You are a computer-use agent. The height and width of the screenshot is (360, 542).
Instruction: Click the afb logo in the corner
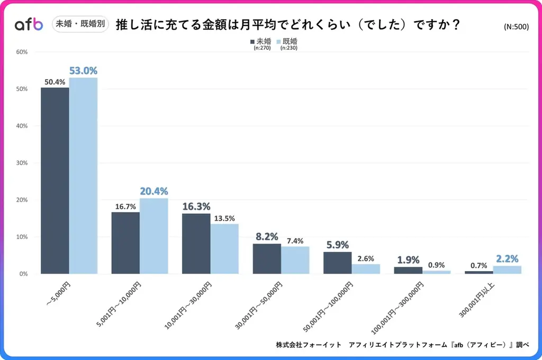(29, 24)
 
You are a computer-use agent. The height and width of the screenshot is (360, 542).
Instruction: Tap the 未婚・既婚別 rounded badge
(80, 24)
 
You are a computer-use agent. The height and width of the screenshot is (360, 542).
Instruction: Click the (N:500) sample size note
(516, 28)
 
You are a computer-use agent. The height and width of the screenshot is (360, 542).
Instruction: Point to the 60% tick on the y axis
(22, 52)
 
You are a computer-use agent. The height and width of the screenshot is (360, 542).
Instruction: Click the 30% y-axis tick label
(22, 163)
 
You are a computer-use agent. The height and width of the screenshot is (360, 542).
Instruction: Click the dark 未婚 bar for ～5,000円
(55, 181)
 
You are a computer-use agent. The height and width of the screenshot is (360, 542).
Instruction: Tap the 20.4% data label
(153, 191)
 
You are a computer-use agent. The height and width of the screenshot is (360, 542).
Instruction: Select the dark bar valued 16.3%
(196, 244)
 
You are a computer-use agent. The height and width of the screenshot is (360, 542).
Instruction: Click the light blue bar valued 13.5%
(224, 249)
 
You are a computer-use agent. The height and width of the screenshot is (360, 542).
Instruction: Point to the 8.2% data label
(267, 236)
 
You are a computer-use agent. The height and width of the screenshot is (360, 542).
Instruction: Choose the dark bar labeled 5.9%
(337, 263)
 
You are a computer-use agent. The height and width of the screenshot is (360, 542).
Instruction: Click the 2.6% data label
(366, 258)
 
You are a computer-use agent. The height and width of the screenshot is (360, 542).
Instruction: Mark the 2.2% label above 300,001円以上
(507, 258)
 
